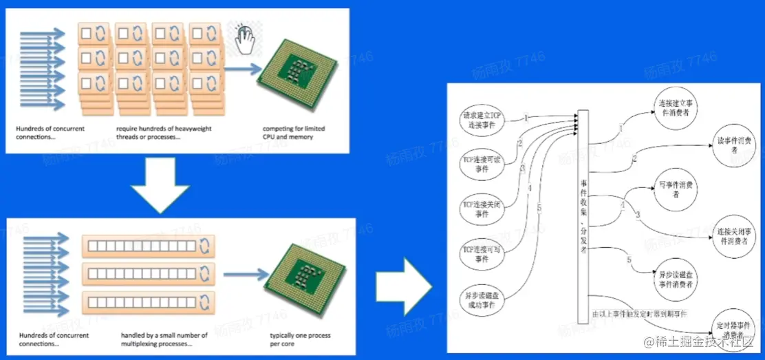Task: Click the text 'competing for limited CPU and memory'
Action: (294, 132)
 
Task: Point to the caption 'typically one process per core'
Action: (300, 339)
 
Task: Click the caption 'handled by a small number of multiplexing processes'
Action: (164, 339)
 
